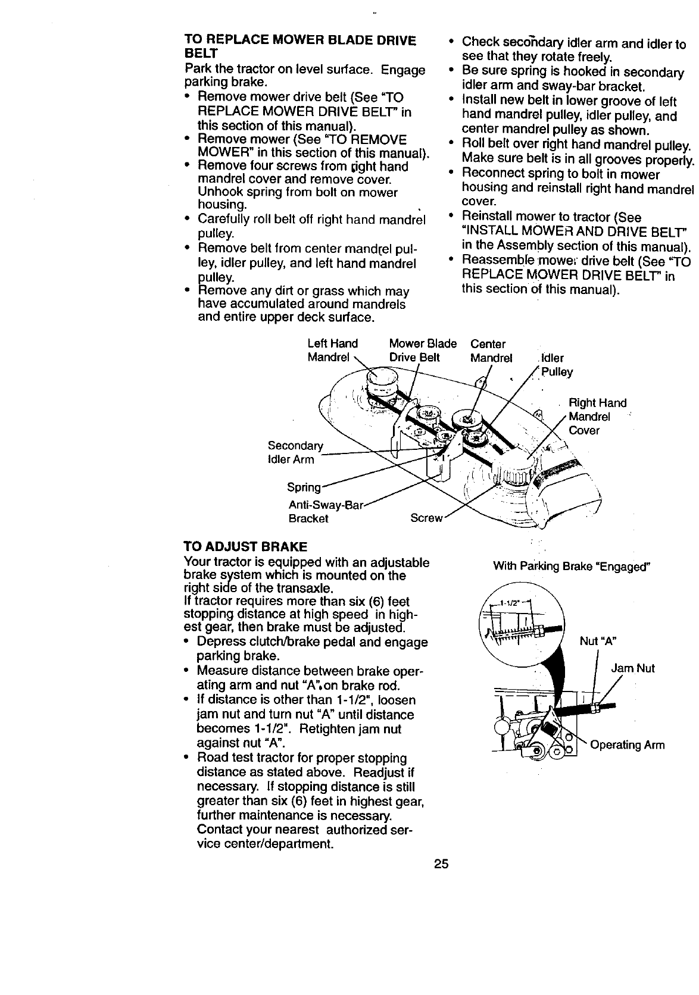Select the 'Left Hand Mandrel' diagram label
pyautogui.click(x=332, y=351)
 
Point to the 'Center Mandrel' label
pyautogui.click(x=491, y=351)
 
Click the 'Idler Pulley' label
pyautogui.click(x=556, y=365)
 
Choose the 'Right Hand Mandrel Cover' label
pyautogui.click(x=597, y=417)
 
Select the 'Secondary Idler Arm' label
pyautogui.click(x=295, y=452)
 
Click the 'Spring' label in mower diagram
pyautogui.click(x=304, y=487)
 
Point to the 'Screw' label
pyautogui.click(x=426, y=518)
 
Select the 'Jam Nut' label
pyautogui.click(x=633, y=668)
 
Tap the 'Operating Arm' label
pyautogui.click(x=627, y=745)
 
